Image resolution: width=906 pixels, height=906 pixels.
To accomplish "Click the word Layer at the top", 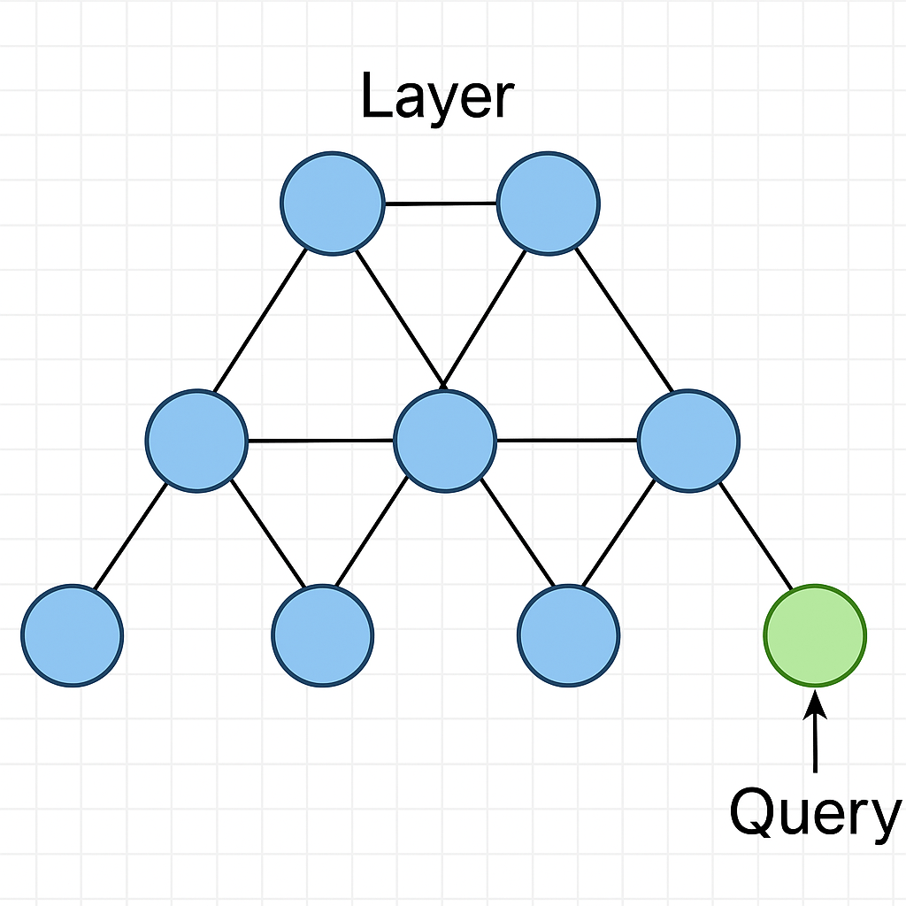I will click(x=436, y=97).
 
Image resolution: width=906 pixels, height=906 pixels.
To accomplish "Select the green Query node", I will click(x=814, y=635).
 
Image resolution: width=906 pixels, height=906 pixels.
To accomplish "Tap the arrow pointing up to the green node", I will click(x=815, y=734).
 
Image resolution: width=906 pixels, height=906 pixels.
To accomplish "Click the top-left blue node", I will click(x=332, y=203).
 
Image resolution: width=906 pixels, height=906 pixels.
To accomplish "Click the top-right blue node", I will click(x=549, y=202).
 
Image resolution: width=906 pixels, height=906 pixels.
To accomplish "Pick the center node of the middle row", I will click(x=444, y=441).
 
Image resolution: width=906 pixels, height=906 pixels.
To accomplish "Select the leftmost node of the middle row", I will click(x=196, y=440).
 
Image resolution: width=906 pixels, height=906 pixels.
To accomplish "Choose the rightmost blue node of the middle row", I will click(x=688, y=440).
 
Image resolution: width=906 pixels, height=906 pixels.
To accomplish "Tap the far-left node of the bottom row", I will click(x=73, y=635).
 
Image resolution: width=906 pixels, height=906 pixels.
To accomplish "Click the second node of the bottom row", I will click(x=323, y=635).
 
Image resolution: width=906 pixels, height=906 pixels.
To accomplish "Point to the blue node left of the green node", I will click(x=568, y=635).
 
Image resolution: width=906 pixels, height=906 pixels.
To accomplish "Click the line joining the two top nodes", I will click(x=441, y=203).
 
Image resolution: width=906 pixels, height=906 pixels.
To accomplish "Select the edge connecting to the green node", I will click(x=756, y=537).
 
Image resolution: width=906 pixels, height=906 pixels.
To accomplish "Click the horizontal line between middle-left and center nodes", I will click(x=320, y=440).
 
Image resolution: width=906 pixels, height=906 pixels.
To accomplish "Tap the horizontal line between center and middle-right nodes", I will click(x=566, y=440).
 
